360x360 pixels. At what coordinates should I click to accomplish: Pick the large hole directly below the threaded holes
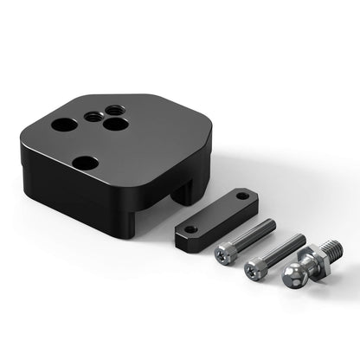(112, 125)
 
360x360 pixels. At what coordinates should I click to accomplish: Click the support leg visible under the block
(185, 192)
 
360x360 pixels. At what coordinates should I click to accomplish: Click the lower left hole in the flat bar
(190, 231)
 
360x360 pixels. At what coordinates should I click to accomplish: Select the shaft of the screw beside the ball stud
(282, 250)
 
